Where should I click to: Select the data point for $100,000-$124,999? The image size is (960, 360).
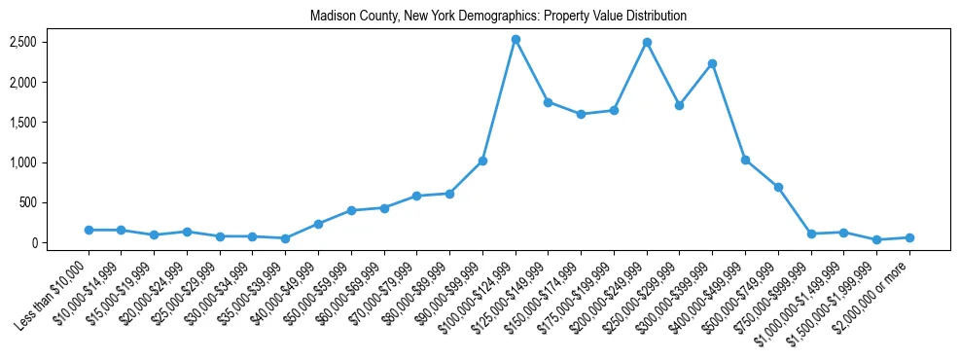(x=516, y=40)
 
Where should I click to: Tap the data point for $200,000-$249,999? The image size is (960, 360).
(x=647, y=43)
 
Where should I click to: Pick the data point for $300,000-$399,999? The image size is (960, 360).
(x=712, y=64)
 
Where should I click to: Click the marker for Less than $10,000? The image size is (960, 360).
(x=89, y=230)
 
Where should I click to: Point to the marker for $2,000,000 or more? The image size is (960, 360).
(x=909, y=237)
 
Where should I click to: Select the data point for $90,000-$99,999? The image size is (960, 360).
(x=482, y=161)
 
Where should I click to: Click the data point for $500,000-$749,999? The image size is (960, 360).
(x=778, y=187)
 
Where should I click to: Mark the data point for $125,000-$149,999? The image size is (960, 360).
(x=549, y=102)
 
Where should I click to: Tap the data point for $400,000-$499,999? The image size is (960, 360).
(x=745, y=160)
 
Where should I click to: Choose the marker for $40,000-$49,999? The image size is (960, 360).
(x=318, y=224)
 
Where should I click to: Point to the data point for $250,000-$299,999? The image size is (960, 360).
(x=680, y=105)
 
